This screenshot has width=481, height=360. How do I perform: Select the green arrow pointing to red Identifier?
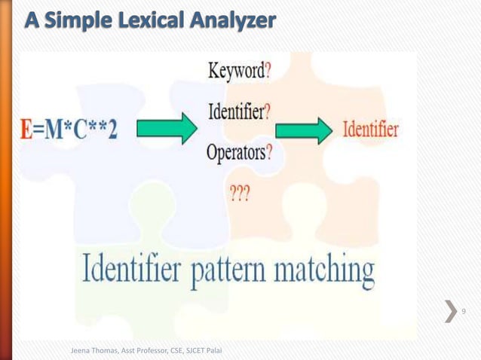304,130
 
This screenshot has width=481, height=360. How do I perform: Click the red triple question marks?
240,192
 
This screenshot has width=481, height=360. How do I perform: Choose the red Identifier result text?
371,129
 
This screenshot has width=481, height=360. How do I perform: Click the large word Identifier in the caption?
135,269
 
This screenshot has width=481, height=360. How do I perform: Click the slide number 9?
464,312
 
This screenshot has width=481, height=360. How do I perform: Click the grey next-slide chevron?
450,312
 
